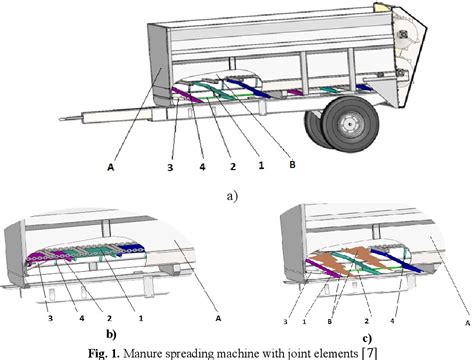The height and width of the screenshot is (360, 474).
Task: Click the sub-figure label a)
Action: coord(233,195)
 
